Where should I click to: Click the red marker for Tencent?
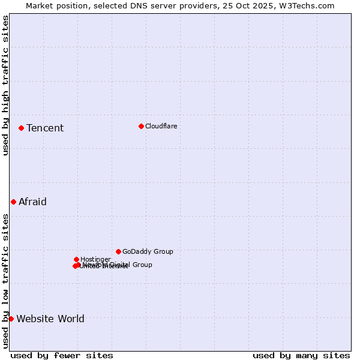click(x=21, y=128)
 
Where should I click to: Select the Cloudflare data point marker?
click(x=141, y=126)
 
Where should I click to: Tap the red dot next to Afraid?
click(x=13, y=202)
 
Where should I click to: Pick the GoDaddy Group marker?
click(x=118, y=251)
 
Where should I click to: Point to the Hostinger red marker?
click(x=76, y=259)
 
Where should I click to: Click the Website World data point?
click(x=11, y=319)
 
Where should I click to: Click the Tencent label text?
click(x=45, y=128)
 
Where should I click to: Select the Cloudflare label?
click(x=161, y=126)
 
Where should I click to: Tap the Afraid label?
click(x=32, y=202)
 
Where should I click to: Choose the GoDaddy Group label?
click(x=148, y=251)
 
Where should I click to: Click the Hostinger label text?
click(x=95, y=259)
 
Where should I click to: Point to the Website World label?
click(x=50, y=319)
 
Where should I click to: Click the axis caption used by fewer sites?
click(x=62, y=355)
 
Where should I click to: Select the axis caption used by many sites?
click(x=301, y=355)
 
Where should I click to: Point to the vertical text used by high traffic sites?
click(x=5, y=85)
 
